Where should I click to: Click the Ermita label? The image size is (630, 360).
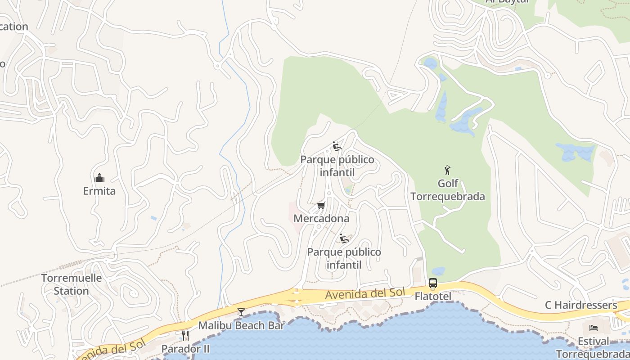99,191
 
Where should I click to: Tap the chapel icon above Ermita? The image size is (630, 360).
99,178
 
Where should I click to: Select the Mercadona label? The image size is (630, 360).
321,219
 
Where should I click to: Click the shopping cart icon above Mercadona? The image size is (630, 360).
321,206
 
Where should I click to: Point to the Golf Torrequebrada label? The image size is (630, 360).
448,190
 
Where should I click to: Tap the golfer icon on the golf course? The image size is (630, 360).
447,170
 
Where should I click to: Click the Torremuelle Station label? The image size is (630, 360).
72,284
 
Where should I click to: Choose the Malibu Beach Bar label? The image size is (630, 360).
241,325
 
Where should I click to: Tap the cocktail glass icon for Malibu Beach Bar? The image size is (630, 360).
241,312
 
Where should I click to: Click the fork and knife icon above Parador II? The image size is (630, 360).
185,335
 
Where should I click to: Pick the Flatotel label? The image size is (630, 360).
432,297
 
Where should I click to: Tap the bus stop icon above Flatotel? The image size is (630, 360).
432,283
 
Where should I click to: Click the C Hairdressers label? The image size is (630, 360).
581,305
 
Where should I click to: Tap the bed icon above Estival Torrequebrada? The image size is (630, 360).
594,328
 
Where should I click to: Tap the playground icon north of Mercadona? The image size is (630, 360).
337,146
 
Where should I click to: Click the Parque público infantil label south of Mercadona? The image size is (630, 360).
344,258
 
